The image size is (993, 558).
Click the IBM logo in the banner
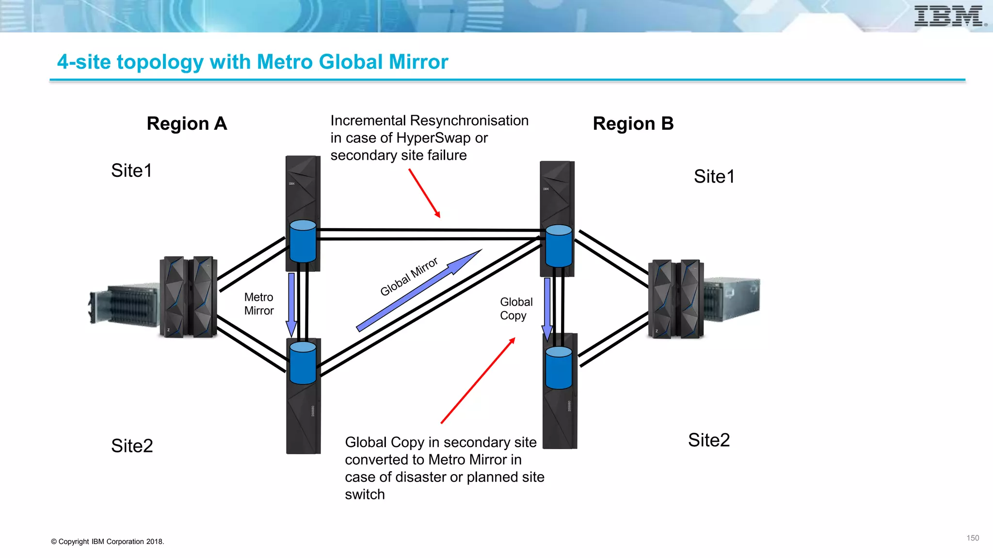pyautogui.click(x=949, y=16)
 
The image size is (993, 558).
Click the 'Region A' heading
pyautogui.click(x=187, y=124)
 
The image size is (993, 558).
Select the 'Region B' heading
pyautogui.click(x=633, y=124)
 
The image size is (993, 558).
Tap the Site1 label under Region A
pyautogui.click(x=131, y=170)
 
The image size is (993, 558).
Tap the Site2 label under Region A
pyautogui.click(x=132, y=446)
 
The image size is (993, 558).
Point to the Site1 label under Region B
pyautogui.click(x=714, y=176)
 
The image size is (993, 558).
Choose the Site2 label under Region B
pyautogui.click(x=708, y=440)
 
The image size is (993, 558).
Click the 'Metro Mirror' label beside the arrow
pyautogui.click(x=259, y=304)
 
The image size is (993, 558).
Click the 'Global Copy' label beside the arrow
pyautogui.click(x=516, y=309)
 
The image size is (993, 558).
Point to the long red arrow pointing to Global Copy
pyautogui.click(x=478, y=381)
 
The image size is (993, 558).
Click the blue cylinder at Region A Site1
pyautogui.click(x=303, y=241)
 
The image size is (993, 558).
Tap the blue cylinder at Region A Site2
pyautogui.click(x=303, y=363)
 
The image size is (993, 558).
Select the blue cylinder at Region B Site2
pyautogui.click(x=559, y=368)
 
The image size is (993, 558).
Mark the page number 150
pyautogui.click(x=972, y=538)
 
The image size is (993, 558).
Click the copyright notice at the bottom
pyautogui.click(x=108, y=542)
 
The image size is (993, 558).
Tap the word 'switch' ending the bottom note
pyautogui.click(x=365, y=495)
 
